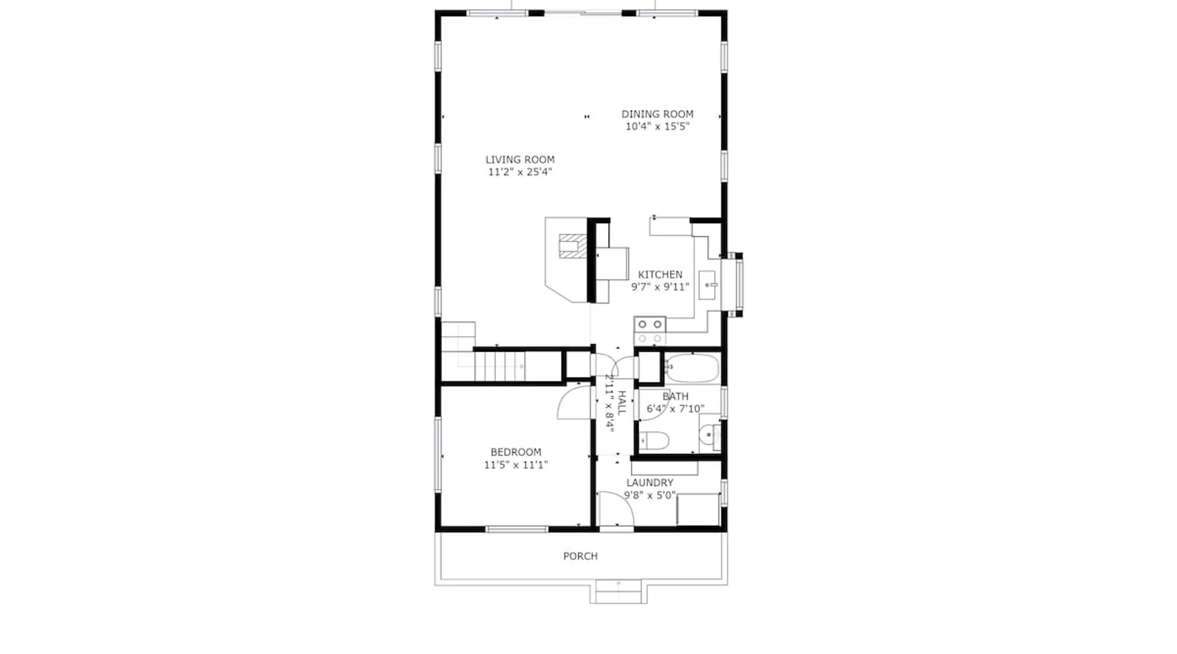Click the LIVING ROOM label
520,160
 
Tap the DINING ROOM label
657,114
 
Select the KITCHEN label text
660,275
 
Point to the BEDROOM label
516,452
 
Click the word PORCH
581,556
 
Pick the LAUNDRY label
650,483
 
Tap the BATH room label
675,396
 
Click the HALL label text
622,403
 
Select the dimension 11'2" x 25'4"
520,172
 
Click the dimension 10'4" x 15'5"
657,126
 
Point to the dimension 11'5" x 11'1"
516,465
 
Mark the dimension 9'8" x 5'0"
650,495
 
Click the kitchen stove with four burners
650,331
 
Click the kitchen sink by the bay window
708,285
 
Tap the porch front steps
618,592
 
